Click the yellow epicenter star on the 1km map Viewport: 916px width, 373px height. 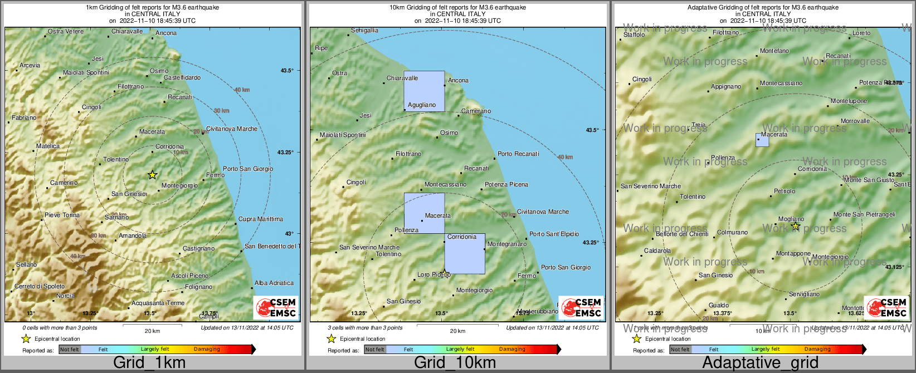[x=152, y=175]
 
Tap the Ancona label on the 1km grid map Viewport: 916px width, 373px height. [x=166, y=33]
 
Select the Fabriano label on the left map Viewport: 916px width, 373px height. [x=24, y=118]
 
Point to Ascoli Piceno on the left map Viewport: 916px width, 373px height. [x=189, y=276]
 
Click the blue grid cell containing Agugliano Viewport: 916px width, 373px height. [x=424, y=91]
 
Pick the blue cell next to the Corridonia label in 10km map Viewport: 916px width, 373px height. [x=465, y=254]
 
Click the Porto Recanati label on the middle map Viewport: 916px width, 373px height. [x=518, y=154]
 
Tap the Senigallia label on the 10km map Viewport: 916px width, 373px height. [x=365, y=31]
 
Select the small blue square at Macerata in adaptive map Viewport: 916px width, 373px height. [x=762, y=140]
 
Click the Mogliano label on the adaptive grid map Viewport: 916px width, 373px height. [x=791, y=219]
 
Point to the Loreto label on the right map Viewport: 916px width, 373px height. [x=861, y=33]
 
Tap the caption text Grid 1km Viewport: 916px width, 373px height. [x=149, y=363]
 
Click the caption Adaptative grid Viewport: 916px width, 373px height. [x=760, y=363]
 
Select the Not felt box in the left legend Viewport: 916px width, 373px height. [x=70, y=350]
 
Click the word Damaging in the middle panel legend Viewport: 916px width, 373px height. [x=512, y=350]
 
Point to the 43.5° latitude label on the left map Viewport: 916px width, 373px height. [x=286, y=71]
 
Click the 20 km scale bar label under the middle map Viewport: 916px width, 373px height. [x=457, y=331]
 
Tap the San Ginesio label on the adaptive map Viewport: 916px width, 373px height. [x=715, y=276]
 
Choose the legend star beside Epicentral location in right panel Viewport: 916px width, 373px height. [x=636, y=338]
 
